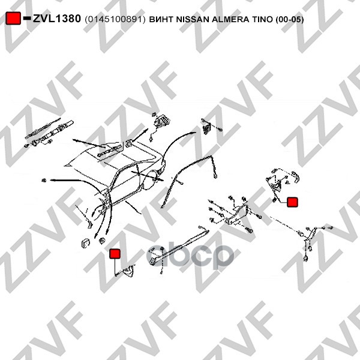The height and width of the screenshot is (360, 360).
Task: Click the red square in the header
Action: pos(13,18)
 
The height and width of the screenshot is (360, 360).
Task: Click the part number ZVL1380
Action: pos(57,19)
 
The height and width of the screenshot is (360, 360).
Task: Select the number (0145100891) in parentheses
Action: pos(115,20)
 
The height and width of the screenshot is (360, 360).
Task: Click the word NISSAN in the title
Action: pos(193,20)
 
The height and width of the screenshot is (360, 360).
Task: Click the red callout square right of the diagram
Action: pos(292,202)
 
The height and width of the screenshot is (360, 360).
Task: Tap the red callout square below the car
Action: pos(115,253)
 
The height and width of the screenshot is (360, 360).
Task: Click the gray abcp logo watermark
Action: pos(190,256)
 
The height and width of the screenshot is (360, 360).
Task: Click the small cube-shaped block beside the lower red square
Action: pos(85,243)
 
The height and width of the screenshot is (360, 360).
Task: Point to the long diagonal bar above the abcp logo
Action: pos(179,247)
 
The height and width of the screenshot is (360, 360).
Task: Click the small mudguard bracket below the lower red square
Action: pos(129,270)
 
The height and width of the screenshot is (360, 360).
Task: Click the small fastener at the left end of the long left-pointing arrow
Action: pos(44,181)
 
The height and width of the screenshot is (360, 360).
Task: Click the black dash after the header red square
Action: pos(27,17)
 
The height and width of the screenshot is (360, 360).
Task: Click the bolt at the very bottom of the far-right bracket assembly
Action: pos(306,258)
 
